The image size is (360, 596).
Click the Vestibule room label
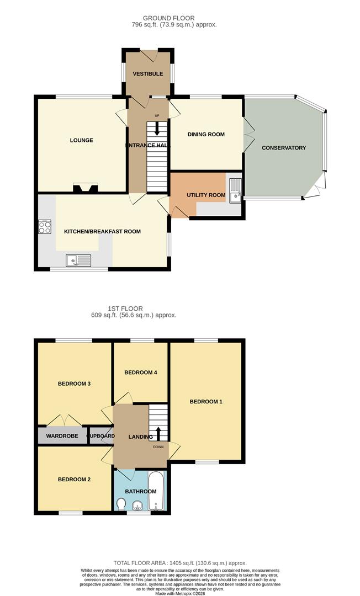148,74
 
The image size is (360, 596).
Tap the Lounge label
81,140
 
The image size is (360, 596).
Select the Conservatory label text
284,148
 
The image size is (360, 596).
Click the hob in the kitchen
45,227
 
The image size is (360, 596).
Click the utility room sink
235,189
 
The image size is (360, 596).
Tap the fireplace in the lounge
86,189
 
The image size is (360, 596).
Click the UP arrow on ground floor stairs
157,127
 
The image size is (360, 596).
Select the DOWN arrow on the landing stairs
158,433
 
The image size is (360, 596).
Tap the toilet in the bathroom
121,504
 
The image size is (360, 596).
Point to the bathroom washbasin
137,504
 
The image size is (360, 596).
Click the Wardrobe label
61,436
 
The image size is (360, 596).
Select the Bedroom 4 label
141,372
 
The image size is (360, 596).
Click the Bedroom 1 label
206,402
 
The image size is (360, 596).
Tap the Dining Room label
206,134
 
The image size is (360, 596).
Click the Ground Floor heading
168,18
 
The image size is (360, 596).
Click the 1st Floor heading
126,308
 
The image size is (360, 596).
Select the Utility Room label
206,195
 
